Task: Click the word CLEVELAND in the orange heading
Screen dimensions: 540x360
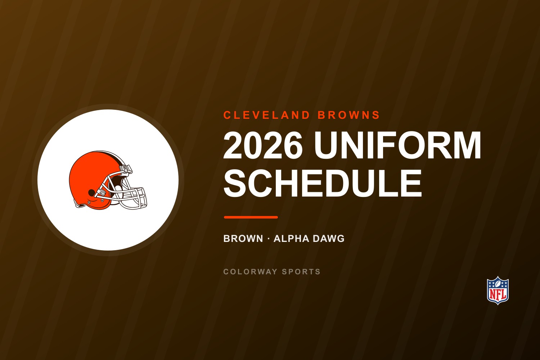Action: [x=267, y=115]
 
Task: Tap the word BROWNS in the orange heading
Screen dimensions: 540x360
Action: [x=349, y=115]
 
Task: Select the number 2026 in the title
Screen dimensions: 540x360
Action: [x=263, y=145]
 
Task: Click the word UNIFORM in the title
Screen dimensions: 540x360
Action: [x=397, y=145]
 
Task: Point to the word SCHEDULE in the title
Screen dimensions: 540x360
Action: [x=323, y=183]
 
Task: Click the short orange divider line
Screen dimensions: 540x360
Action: [x=251, y=217]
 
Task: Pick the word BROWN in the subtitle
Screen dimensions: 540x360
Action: [x=243, y=239]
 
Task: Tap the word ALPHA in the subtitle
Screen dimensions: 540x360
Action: [x=292, y=239]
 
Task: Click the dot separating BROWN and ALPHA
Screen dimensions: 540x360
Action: [x=268, y=239]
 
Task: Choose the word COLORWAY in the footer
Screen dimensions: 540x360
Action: [x=250, y=272]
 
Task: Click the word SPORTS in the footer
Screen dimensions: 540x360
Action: [x=301, y=272]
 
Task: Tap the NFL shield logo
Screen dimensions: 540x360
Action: [x=498, y=290]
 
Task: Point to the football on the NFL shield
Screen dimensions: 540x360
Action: [x=498, y=284]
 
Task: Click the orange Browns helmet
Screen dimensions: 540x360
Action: [x=108, y=180]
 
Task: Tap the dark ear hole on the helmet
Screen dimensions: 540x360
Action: [x=91, y=192]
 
